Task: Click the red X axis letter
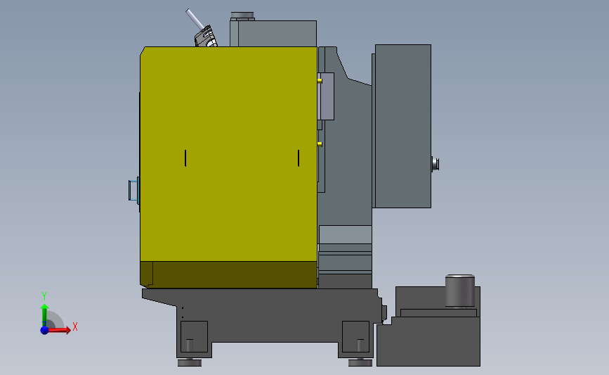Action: (74, 326)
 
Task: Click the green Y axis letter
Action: (44, 296)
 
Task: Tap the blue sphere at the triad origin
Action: (44, 329)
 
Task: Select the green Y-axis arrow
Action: (44, 313)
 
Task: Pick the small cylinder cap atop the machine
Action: (242, 16)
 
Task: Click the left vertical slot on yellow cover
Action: (185, 158)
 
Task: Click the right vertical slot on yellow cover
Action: (299, 158)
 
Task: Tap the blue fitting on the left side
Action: (133, 190)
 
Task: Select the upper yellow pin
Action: (320, 80)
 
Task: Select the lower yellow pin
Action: (320, 144)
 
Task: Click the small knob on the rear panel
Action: (435, 164)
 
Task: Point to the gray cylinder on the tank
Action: (460, 291)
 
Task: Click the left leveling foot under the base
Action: (189, 362)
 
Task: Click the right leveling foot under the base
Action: (360, 362)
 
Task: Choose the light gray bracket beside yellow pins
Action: (327, 96)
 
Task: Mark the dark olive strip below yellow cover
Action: (228, 274)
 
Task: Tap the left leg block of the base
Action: (195, 336)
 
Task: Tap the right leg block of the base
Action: (355, 336)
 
